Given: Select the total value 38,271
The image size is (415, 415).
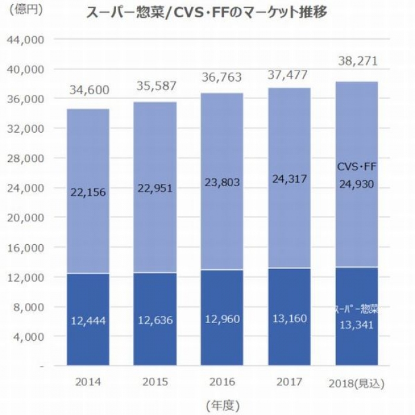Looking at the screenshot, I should (357, 61).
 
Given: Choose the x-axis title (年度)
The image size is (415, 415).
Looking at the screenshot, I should (222, 406).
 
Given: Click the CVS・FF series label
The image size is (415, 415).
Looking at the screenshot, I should (357, 167).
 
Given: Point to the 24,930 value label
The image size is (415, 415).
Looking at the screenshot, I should (357, 184).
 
